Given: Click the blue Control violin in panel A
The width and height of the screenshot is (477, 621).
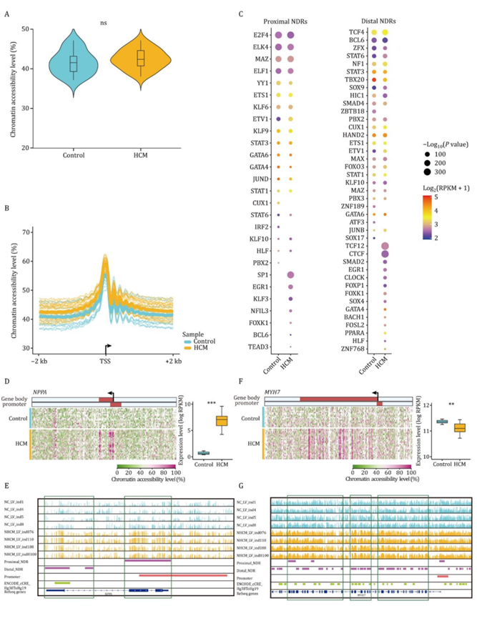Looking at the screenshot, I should pos(73,64).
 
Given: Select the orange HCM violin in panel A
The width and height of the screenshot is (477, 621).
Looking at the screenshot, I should pos(140,59).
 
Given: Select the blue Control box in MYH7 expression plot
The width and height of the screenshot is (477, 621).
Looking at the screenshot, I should pos(437,422).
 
